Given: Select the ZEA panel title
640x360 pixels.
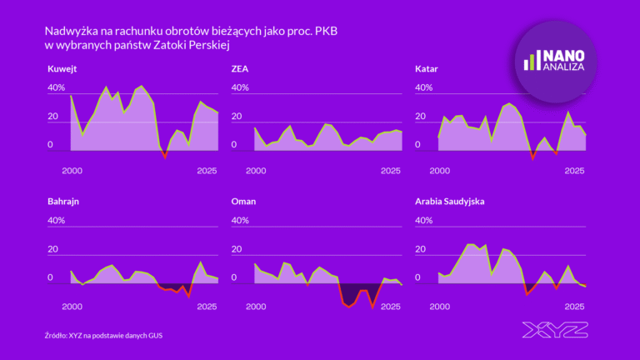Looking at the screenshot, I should pos(239,68).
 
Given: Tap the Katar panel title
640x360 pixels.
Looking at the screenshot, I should pos(427,68).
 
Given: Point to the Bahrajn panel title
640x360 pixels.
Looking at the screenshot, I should pos(65,202).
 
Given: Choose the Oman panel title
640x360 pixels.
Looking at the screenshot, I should pos(242,202).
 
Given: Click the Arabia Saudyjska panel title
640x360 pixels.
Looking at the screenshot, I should pos(449,202).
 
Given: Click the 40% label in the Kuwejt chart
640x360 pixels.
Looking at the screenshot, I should pos(56,87).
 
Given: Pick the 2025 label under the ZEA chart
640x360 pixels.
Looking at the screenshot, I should pos(391,171).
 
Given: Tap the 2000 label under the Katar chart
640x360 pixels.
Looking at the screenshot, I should pos(440,171).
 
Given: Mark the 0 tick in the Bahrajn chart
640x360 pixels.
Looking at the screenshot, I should pos(49,278).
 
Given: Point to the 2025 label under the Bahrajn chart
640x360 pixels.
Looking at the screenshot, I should pos(207,307).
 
